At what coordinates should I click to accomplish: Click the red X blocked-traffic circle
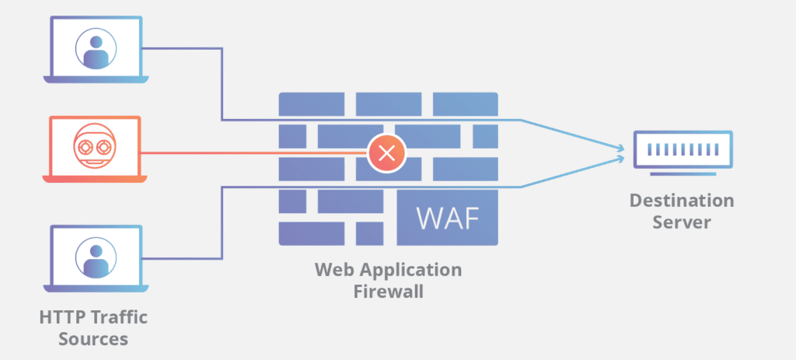tap(387, 152)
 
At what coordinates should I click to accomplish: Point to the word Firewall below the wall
tap(388, 292)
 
